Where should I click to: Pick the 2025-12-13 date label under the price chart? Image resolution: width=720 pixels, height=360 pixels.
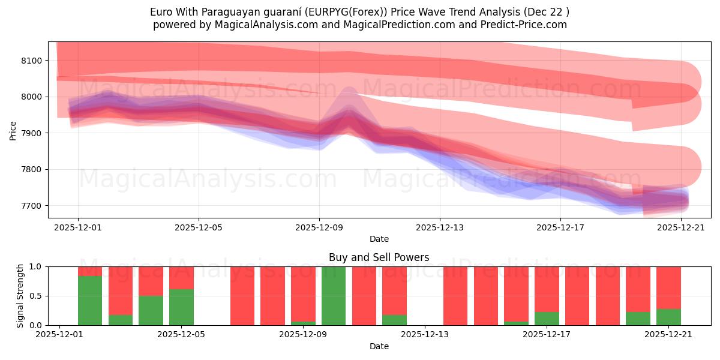(439, 227)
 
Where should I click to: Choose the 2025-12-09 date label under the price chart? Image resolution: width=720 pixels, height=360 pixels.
(319, 227)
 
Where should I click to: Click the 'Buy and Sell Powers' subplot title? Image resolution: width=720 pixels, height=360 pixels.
(379, 257)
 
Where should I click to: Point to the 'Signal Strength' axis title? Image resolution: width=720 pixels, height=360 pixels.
(20, 296)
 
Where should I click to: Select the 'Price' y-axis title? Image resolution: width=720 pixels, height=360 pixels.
(13, 130)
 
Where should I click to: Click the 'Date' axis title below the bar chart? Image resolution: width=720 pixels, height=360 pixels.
(379, 346)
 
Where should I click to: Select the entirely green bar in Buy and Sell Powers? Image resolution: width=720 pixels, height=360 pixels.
(334, 296)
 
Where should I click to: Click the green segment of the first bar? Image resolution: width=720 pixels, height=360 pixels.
(90, 300)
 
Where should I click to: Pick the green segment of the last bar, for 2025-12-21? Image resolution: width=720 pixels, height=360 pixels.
(668, 317)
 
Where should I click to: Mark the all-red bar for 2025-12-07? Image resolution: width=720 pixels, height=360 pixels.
(242, 296)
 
